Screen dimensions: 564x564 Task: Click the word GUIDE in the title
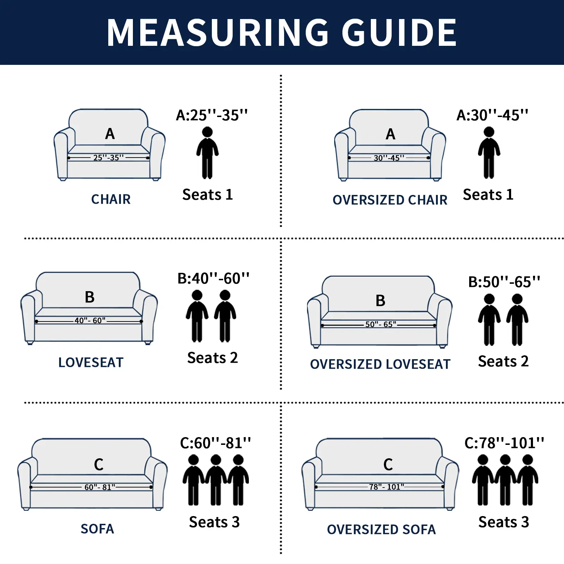399,32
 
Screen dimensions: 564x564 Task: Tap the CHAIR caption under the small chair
111,199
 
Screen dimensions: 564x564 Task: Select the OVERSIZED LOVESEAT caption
380,364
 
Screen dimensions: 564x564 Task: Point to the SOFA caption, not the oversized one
97,529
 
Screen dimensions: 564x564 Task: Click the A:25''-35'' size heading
212,115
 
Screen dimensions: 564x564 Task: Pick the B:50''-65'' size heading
504,282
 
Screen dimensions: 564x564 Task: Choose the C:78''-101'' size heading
504,443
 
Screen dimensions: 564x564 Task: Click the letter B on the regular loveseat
90,297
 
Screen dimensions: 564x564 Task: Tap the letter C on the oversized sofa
388,465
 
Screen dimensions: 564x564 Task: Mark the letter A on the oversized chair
390,134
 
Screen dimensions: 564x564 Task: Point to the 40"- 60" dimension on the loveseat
90,320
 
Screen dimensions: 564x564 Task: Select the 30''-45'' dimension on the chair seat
389,158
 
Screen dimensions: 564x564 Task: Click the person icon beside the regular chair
207,153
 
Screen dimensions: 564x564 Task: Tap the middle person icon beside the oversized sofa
505,479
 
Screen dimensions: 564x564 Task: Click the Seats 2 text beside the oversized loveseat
503,361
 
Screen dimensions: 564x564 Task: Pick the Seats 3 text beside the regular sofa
214,522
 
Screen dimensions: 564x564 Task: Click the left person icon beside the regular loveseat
197,315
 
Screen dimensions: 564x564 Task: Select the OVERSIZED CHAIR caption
390,200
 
